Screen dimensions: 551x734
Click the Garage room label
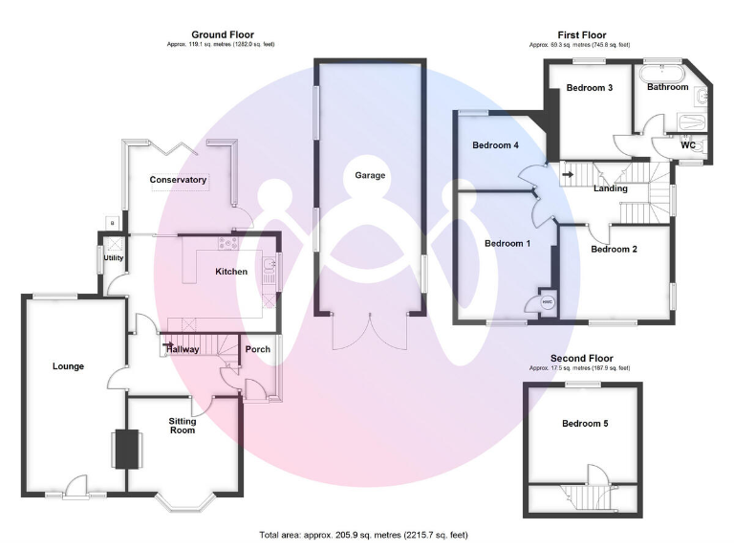[370, 175]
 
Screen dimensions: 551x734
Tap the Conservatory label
[178, 180]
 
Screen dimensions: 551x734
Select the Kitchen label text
[231, 272]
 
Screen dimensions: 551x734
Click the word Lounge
[68, 366]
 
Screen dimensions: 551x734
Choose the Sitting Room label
[183, 426]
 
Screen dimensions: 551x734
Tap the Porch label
[258, 349]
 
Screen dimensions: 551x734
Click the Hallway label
[183, 349]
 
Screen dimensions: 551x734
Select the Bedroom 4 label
[495, 146]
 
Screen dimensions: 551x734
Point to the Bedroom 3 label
[589, 88]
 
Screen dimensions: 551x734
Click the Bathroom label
[667, 87]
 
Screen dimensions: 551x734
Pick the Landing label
[611, 188]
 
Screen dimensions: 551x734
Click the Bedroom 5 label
[584, 424]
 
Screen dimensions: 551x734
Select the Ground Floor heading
[222, 34]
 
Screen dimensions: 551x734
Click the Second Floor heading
[580, 358]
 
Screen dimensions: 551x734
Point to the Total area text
[364, 535]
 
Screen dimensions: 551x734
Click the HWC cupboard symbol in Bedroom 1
[548, 302]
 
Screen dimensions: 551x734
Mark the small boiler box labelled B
[114, 223]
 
